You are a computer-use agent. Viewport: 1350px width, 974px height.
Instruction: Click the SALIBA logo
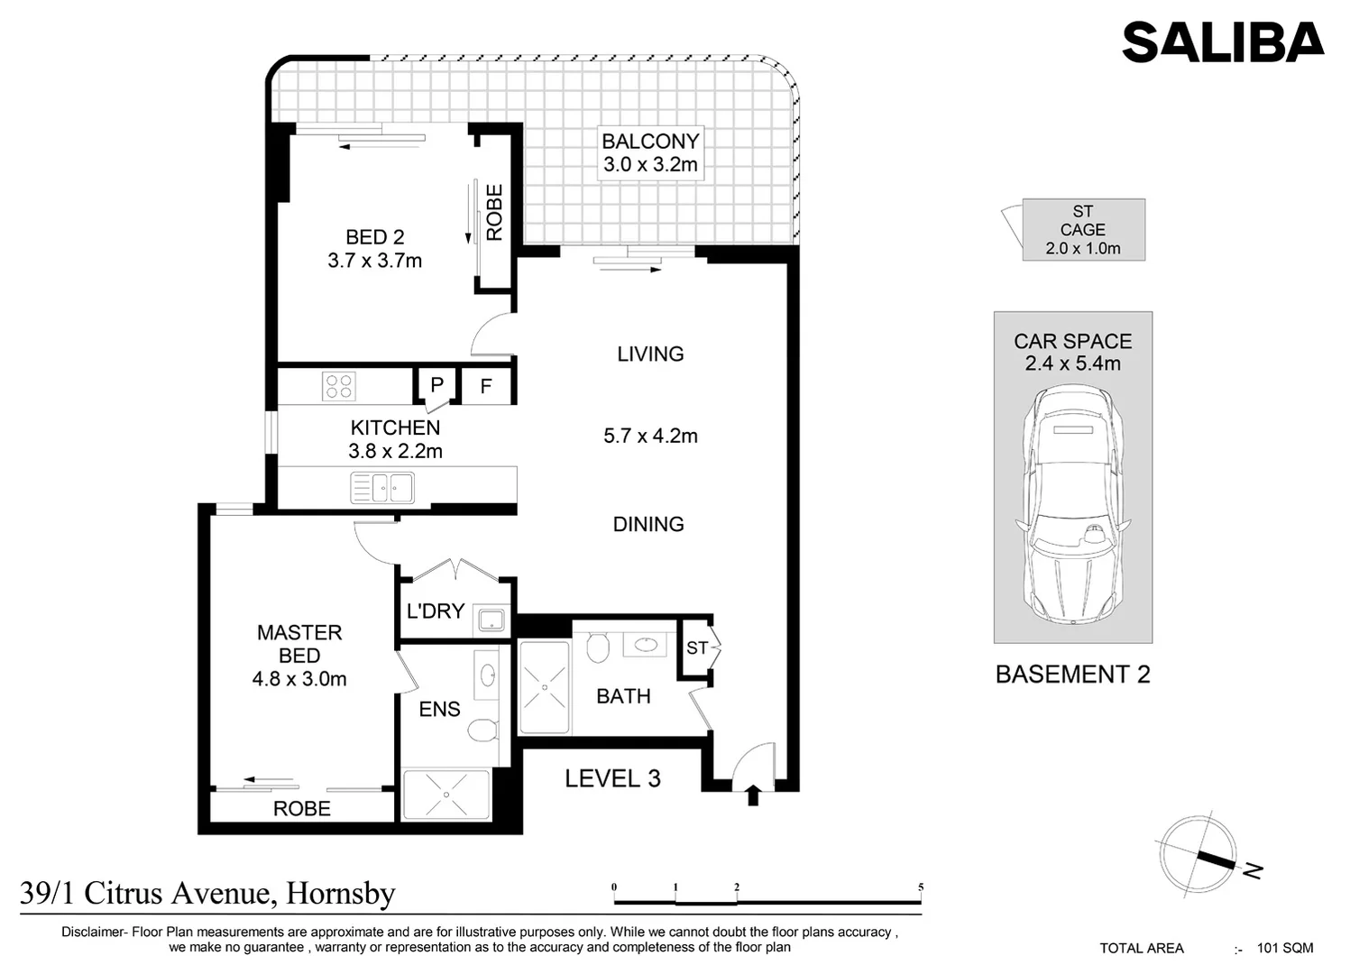(x=1222, y=42)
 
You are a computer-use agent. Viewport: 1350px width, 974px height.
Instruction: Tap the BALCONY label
(x=650, y=142)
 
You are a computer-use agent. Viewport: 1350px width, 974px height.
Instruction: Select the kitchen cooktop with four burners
(x=339, y=387)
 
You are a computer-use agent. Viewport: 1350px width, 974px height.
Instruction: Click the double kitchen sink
(x=382, y=488)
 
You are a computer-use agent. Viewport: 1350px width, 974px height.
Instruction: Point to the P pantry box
(x=436, y=385)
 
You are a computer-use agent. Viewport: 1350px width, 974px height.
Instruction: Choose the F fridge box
(x=486, y=387)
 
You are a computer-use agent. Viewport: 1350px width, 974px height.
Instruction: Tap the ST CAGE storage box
(x=1083, y=230)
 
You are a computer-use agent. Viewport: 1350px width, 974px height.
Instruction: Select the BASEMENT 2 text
(x=1072, y=675)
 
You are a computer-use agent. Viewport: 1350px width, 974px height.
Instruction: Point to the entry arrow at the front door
(x=754, y=795)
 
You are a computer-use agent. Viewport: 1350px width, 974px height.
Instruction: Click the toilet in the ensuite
(x=482, y=729)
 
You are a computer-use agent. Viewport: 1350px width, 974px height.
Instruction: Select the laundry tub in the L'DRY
(x=491, y=620)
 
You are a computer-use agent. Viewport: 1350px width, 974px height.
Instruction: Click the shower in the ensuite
(x=445, y=795)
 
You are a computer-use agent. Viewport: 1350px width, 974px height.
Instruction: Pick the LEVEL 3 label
(x=612, y=778)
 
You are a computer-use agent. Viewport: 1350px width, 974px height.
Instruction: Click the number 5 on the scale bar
(x=921, y=887)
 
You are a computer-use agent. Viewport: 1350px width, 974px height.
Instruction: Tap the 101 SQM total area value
(x=1285, y=948)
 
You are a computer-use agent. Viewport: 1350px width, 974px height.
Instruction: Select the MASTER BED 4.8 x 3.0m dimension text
(x=299, y=679)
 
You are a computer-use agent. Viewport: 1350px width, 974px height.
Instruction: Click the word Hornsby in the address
(x=340, y=893)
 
